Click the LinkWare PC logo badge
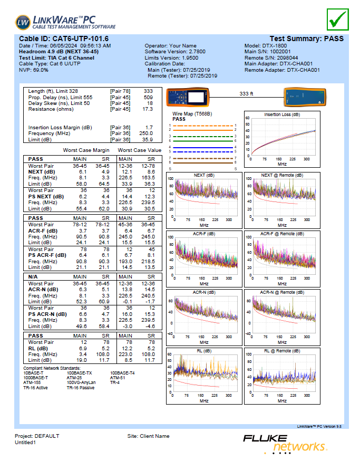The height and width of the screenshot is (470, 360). point(24,23)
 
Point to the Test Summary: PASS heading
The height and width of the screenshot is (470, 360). point(306,39)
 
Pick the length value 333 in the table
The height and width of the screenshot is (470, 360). point(148,91)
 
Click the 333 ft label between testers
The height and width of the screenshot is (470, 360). point(246,93)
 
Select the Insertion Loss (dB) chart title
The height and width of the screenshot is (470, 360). point(282,114)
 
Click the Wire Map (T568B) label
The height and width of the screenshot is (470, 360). point(192,114)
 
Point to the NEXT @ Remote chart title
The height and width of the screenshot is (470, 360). point(282,175)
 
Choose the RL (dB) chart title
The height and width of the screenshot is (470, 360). point(204,350)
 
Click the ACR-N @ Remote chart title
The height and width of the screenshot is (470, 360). point(282,292)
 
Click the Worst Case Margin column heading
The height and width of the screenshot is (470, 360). point(86,150)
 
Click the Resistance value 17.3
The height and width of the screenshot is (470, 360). point(148,109)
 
